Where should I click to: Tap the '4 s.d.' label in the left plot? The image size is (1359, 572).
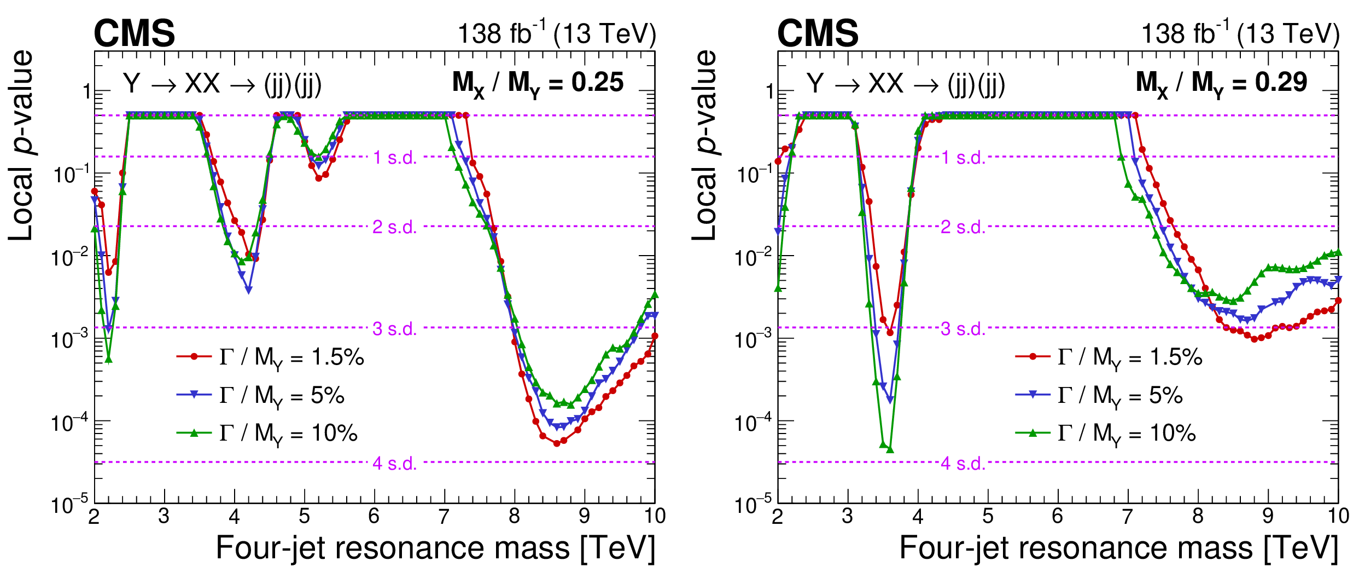pyautogui.click(x=394, y=464)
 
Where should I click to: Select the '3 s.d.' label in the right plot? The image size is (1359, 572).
pyautogui.click(x=963, y=329)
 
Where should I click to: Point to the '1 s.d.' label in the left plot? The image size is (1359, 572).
pyautogui.click(x=394, y=158)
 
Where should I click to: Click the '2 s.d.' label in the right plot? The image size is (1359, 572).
pyautogui.click(x=963, y=227)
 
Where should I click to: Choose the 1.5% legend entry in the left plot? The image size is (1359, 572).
pyautogui.click(x=270, y=357)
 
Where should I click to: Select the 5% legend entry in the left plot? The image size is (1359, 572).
pyautogui.click(x=260, y=395)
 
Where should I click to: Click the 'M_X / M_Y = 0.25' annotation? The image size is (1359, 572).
pyautogui.click(x=538, y=84)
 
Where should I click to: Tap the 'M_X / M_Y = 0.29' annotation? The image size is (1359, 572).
pyautogui.click(x=1221, y=84)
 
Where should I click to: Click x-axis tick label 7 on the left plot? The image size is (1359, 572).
pyautogui.click(x=444, y=516)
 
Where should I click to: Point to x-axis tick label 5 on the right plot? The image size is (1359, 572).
pyautogui.click(x=988, y=516)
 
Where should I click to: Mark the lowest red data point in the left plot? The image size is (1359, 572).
pyautogui.click(x=557, y=443)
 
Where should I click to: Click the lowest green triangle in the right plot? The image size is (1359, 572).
pyautogui.click(x=890, y=449)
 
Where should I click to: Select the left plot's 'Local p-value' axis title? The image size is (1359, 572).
pyautogui.click(x=21, y=145)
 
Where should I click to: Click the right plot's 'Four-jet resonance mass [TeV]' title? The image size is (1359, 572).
pyautogui.click(x=1118, y=548)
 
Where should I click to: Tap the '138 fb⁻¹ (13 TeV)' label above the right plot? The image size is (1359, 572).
pyautogui.click(x=1240, y=34)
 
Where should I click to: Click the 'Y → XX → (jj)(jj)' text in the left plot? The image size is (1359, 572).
pyautogui.click(x=222, y=84)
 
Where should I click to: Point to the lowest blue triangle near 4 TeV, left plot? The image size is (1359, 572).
pyautogui.click(x=248, y=290)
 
